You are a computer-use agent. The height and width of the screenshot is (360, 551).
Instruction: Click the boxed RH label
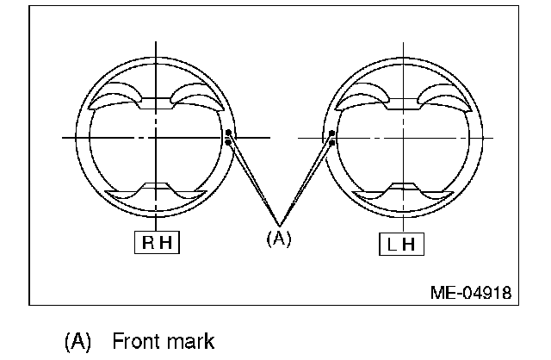pos(157,244)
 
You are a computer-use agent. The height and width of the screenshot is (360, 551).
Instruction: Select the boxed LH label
pos(400,244)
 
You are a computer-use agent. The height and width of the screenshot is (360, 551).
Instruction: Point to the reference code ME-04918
pos(470,292)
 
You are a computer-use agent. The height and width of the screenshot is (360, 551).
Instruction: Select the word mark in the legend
pos(190,341)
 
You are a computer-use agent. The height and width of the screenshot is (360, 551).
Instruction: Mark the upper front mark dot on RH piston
pos(228,133)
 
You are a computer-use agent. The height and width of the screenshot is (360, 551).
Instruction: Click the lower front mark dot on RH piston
pos(228,142)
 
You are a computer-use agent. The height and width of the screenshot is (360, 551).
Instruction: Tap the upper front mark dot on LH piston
pos(332,133)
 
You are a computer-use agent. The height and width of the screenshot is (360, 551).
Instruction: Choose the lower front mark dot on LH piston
pos(332,142)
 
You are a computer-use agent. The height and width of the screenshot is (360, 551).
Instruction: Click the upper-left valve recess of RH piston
pos(120,96)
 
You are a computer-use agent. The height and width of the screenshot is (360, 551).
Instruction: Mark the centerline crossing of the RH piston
pos(156,137)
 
